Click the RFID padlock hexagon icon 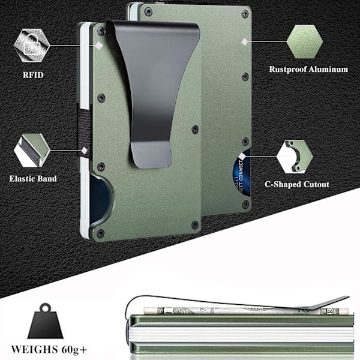click(32, 45)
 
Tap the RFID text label click(33, 75)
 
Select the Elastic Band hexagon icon click(32, 150)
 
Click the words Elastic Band click(33, 179)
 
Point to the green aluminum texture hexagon click(305, 42)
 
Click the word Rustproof click(287, 70)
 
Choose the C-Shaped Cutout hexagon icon click(295, 157)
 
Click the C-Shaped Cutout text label click(297, 184)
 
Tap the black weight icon click(45, 322)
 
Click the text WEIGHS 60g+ click(49, 350)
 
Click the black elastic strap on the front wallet click(84, 131)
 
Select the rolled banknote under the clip click(245, 311)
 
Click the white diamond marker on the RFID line click(99, 46)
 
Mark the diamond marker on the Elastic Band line click(84, 151)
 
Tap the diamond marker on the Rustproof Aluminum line click(245, 42)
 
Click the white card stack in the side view click(241, 335)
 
